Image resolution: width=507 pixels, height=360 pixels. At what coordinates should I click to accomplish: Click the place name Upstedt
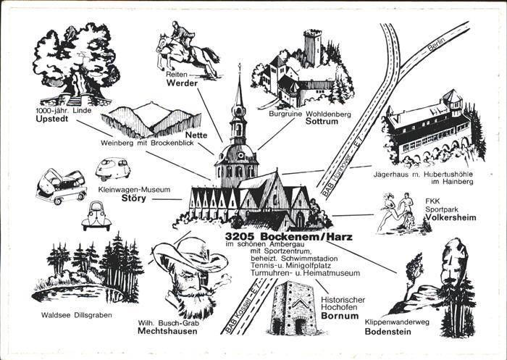pos(52,120)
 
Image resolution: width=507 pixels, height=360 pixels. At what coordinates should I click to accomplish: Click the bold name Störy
pos(133,198)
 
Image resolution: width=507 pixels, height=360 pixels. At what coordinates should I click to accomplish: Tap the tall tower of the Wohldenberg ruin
pos(312,49)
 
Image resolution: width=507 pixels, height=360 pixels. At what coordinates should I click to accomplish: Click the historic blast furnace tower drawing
pos(293,308)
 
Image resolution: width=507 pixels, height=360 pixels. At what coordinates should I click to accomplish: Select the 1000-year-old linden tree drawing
pos(75,61)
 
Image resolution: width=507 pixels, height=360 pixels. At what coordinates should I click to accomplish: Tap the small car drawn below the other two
pos(96,214)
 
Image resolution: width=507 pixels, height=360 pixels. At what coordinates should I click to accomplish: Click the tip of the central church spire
pos(240,67)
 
